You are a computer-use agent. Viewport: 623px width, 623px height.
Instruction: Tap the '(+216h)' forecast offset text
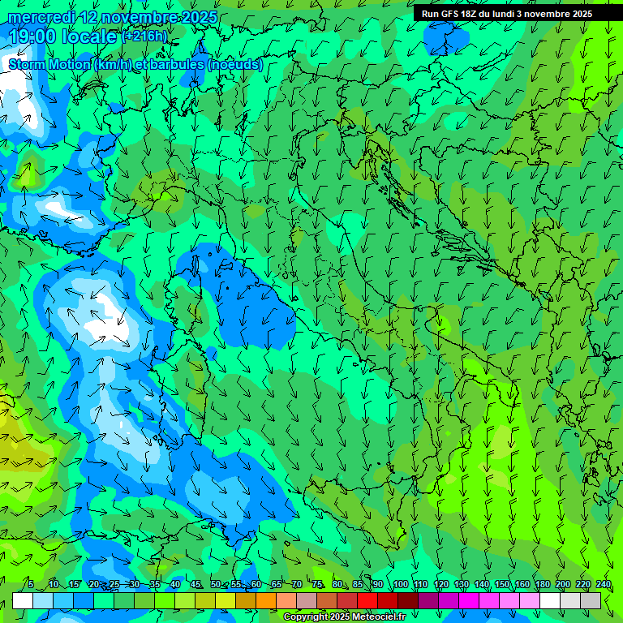[x=145, y=37]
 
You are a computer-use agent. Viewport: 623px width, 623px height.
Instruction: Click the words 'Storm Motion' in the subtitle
[x=49, y=64]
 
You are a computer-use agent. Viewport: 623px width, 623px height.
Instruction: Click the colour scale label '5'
[x=31, y=584]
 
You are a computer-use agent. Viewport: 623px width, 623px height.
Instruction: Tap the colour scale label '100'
[x=400, y=584]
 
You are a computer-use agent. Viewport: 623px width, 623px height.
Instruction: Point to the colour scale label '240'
[x=603, y=584]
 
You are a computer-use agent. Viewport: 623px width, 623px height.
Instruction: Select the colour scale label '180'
[x=542, y=584]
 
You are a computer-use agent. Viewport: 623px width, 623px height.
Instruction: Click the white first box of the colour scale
[x=23, y=600]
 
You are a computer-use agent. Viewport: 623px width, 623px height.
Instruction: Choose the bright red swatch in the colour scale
[x=367, y=600]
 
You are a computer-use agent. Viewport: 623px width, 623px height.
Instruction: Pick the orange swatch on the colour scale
[x=266, y=600]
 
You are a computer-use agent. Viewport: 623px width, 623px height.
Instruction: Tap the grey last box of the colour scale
[x=591, y=600]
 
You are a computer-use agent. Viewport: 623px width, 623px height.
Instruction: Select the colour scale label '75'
[x=317, y=584]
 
